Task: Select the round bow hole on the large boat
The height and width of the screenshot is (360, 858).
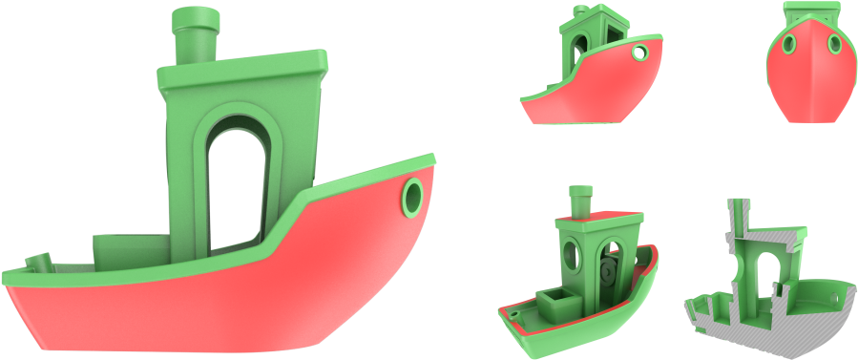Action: click(x=413, y=196)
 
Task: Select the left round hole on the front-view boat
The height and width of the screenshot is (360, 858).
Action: click(x=790, y=45)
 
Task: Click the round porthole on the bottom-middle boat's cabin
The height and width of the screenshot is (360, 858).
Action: click(x=573, y=254)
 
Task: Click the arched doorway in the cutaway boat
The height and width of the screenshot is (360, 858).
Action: click(x=759, y=277)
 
